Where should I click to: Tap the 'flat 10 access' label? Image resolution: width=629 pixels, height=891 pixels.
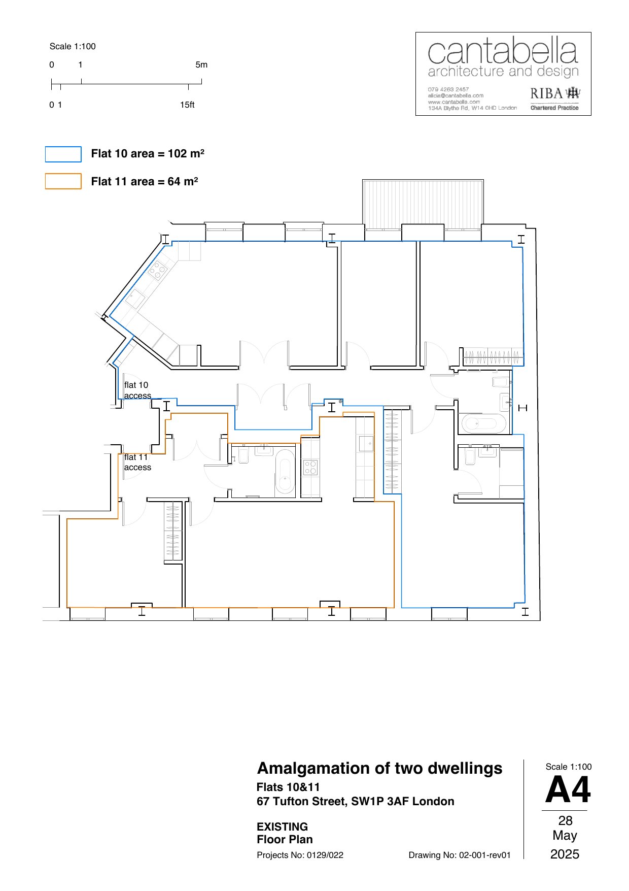137,390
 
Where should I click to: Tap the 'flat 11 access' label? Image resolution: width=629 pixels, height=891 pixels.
137,462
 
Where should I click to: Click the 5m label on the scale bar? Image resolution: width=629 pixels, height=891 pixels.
201,64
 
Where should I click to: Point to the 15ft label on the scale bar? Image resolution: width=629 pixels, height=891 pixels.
187,105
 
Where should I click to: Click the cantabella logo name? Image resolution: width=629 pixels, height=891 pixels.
503,51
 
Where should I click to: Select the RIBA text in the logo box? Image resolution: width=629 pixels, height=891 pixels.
546,93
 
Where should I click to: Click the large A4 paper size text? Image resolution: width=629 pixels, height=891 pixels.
568,790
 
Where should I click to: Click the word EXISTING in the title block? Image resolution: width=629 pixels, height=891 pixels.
282,827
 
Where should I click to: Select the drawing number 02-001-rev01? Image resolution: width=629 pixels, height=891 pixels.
484,855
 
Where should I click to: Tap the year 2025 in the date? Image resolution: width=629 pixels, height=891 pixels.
565,854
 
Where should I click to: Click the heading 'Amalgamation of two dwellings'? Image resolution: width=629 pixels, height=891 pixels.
379,768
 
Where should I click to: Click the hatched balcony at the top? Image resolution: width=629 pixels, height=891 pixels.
423,202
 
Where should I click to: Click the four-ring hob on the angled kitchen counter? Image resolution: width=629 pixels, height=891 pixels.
158,270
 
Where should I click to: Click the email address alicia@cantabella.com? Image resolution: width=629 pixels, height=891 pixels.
456,95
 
